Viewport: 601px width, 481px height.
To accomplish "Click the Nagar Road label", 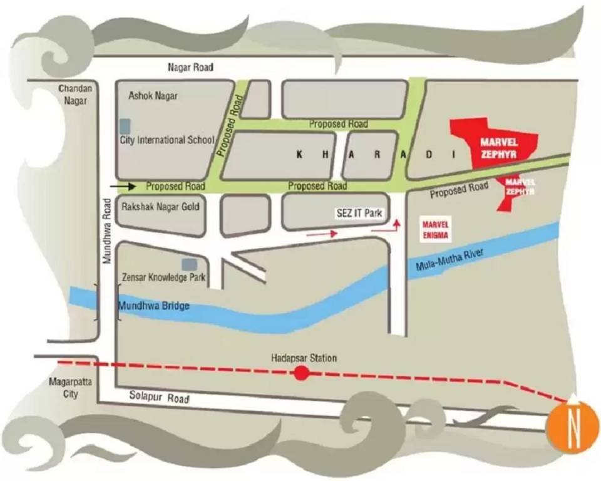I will (190, 67).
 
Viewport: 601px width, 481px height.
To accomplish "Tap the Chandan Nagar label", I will (76, 94).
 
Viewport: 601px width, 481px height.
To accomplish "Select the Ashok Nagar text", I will (153, 96).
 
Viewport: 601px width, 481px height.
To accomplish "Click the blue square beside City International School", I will (125, 125).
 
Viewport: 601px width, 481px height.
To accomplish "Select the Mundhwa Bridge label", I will (153, 306).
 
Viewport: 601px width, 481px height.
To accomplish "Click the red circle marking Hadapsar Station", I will (302, 374).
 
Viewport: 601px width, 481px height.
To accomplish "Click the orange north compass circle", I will (573, 427).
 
